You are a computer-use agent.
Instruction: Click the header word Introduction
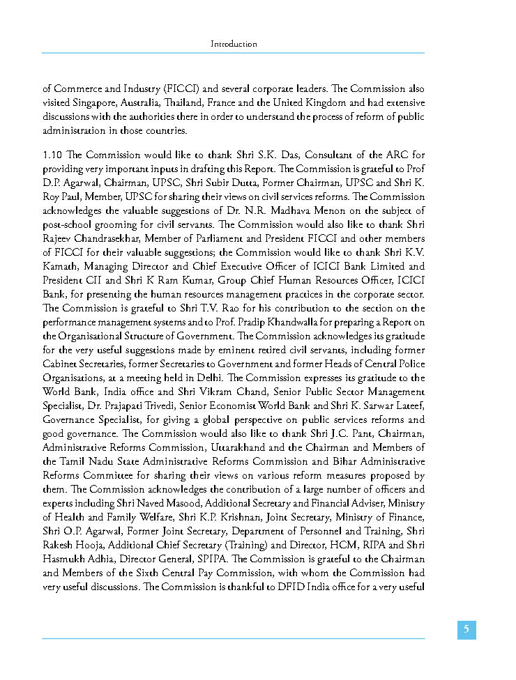234,44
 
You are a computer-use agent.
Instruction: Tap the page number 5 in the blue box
466,630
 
